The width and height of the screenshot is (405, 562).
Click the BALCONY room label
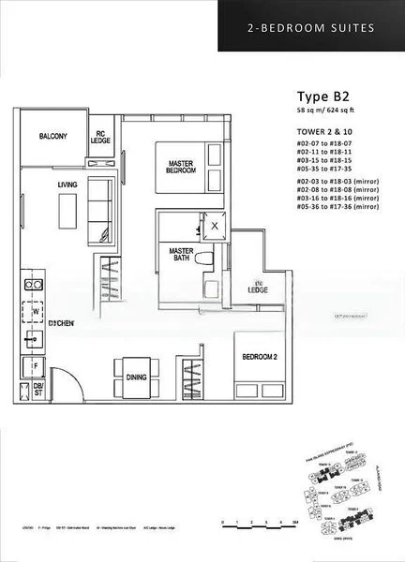(x=53, y=137)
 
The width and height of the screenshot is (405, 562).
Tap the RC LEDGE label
(x=102, y=138)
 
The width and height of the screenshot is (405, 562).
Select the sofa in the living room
(x=97, y=207)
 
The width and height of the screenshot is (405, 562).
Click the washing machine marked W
(x=36, y=310)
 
